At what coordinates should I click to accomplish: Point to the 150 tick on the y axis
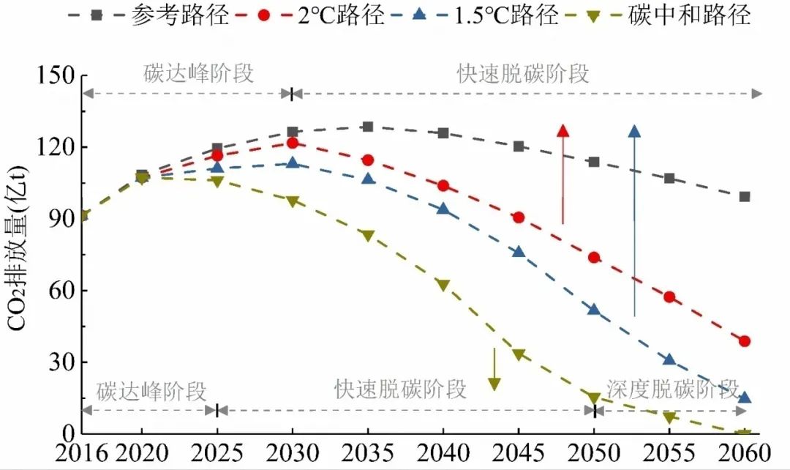(54, 75)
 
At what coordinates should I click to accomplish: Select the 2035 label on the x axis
(368, 450)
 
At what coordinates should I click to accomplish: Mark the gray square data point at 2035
(368, 127)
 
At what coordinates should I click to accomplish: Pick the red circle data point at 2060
(745, 341)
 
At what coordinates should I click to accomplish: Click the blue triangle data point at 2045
(519, 252)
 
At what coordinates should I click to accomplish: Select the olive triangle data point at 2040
(443, 285)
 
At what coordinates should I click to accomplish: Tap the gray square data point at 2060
(745, 196)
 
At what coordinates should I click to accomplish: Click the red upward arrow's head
(563, 131)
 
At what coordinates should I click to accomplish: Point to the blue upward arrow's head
(634, 131)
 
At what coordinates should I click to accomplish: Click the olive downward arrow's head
(494, 384)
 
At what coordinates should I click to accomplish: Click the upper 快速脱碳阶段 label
(523, 74)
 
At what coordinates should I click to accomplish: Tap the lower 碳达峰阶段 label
(151, 389)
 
